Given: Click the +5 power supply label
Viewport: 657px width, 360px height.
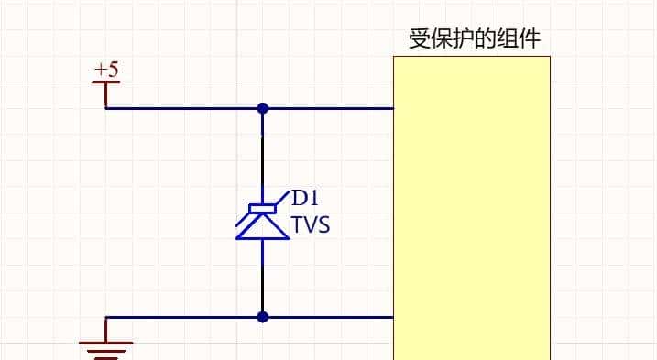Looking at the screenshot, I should [x=106, y=70].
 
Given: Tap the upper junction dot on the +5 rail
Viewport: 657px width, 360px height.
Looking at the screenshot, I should [x=263, y=108].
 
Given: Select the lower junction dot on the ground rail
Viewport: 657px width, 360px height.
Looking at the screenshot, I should [x=263, y=318].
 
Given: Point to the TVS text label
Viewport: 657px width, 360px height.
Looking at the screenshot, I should [x=311, y=225].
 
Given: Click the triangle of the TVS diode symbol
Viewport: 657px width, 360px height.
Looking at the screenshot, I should [x=263, y=227].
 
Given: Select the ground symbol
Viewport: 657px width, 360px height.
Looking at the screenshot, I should [x=106, y=345].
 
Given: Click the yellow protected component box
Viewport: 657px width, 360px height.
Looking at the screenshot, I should [x=472, y=211].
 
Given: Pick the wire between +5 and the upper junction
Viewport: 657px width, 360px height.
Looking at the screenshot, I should [x=183, y=108].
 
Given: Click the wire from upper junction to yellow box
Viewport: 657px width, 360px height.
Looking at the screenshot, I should [x=330, y=108].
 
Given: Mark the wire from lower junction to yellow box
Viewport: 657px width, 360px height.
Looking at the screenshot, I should [x=330, y=318].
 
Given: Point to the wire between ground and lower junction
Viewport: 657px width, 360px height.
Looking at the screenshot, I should [x=183, y=318].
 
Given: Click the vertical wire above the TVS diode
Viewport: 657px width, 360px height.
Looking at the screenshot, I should [x=263, y=156].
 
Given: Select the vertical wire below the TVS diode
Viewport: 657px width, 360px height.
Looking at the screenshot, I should [x=263, y=279].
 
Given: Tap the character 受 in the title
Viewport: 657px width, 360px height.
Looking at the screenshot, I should [x=420, y=40].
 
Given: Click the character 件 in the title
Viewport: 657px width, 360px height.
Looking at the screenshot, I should [x=530, y=40].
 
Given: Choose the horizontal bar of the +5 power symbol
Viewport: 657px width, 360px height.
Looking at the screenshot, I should [x=106, y=82].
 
